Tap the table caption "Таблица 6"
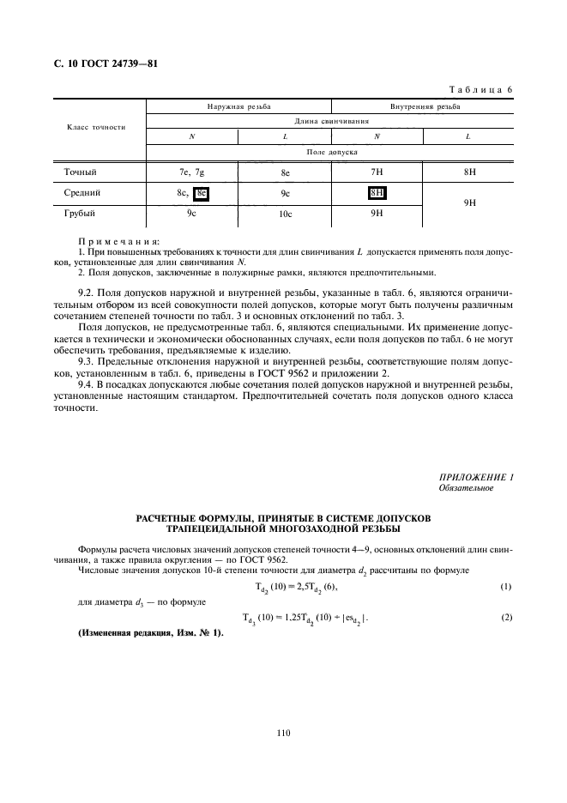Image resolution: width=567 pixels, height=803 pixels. [480, 90]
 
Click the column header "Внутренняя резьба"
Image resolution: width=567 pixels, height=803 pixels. [424, 107]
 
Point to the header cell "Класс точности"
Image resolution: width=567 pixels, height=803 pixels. [96, 127]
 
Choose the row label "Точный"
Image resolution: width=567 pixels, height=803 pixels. [80, 172]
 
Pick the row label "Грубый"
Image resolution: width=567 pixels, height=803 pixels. [80, 213]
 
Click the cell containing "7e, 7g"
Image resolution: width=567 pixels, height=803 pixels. [191, 172]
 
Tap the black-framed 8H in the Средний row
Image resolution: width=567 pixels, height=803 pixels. [377, 193]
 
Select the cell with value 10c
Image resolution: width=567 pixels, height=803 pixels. [285, 214]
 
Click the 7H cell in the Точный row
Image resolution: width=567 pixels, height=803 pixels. [377, 172]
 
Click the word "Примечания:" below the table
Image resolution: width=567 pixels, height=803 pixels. [112, 242]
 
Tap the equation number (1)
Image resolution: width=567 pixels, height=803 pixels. [506, 587]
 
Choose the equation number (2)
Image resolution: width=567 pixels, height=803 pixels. [506, 618]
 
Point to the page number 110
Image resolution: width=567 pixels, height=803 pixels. [284, 732]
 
